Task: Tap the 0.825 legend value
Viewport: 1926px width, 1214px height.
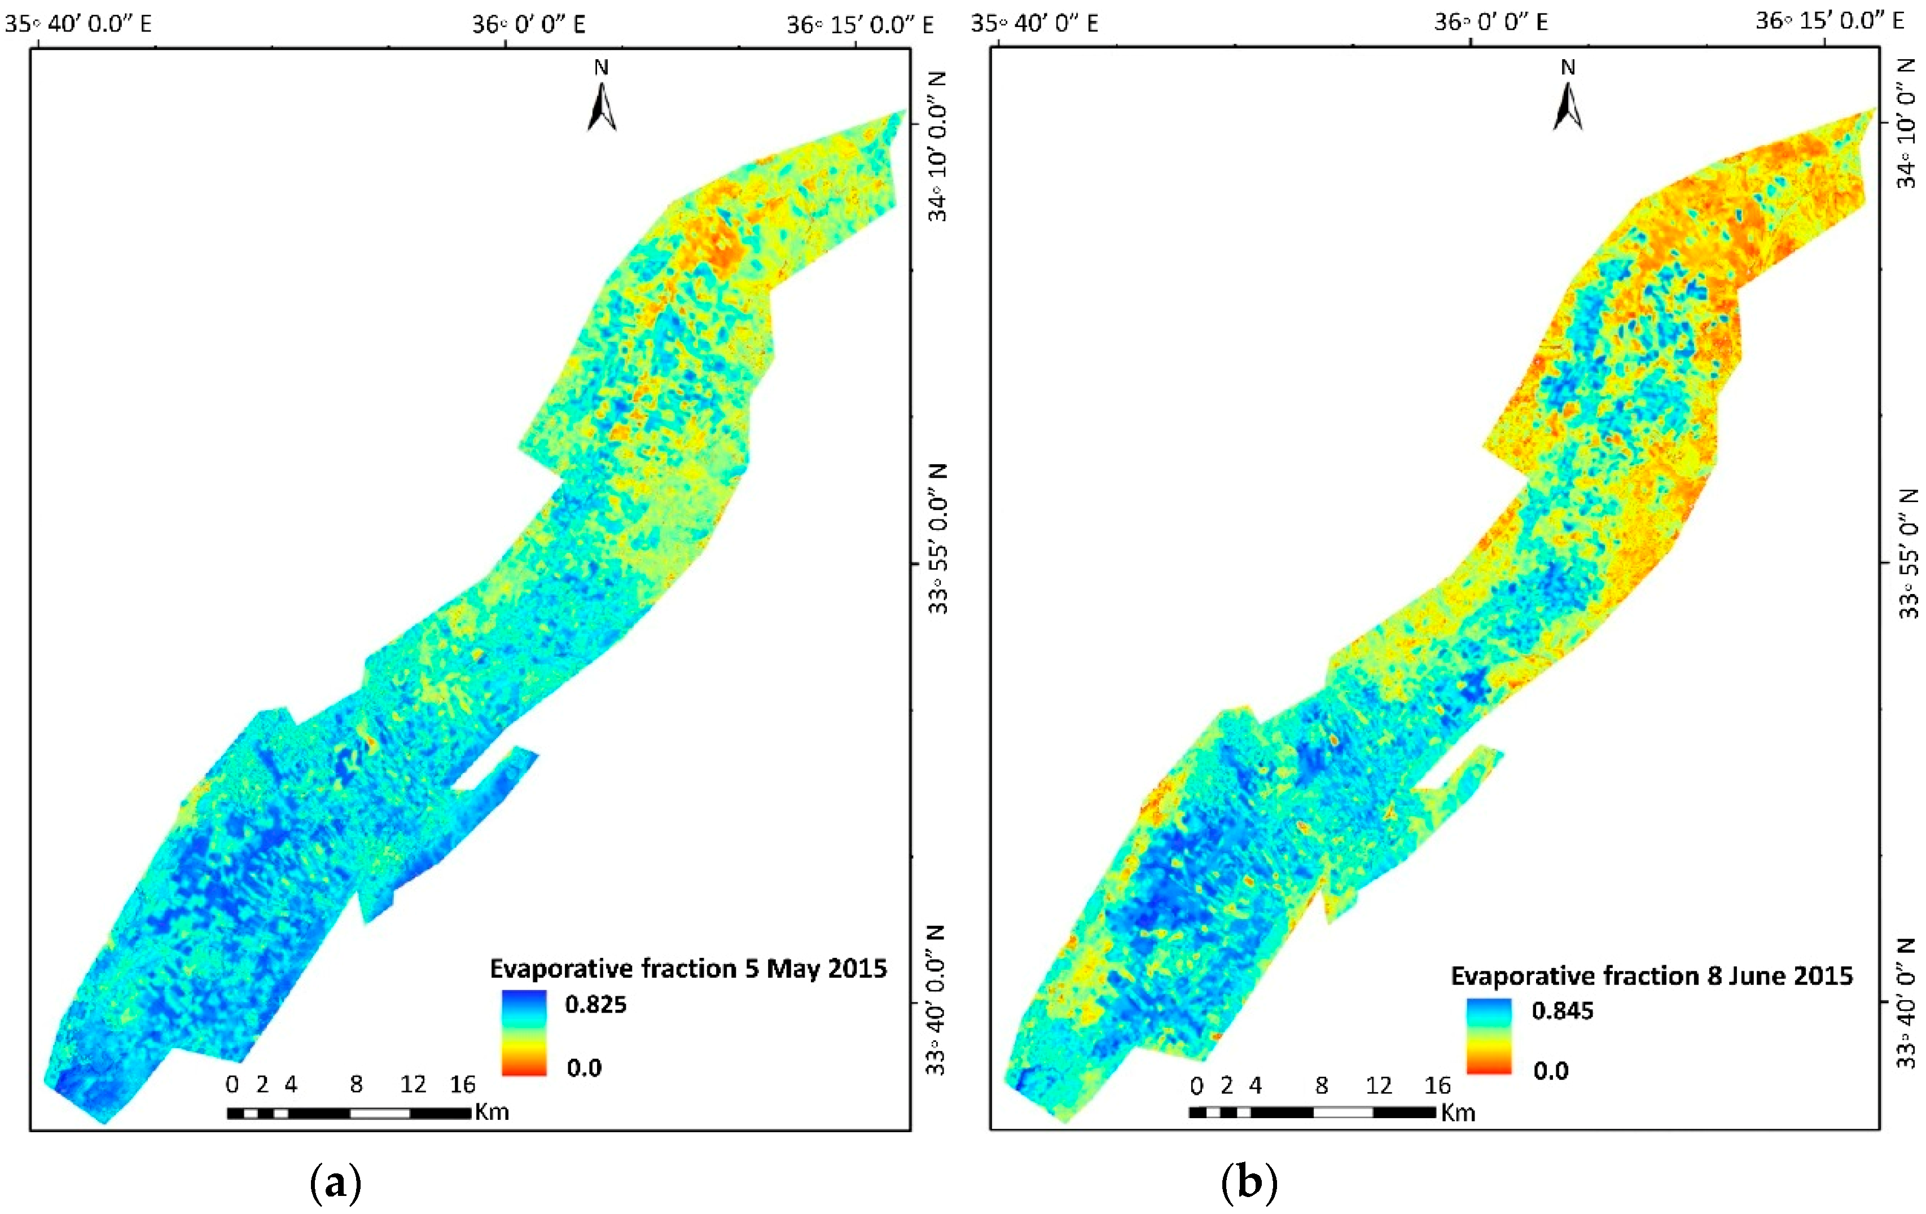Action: click(x=596, y=1005)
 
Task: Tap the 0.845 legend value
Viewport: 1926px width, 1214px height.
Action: click(x=1562, y=1011)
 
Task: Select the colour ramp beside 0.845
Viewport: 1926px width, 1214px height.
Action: click(x=1489, y=1036)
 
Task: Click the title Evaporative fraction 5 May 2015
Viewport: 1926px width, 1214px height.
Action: click(x=688, y=969)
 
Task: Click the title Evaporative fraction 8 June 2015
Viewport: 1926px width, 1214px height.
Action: click(x=1652, y=976)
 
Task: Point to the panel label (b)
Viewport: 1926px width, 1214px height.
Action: click(x=1249, y=1183)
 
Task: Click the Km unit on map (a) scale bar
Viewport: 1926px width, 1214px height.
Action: click(x=492, y=1112)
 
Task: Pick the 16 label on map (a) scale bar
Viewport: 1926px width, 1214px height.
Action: click(x=462, y=1084)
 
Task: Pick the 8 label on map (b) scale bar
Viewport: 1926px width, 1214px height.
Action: click(x=1321, y=1085)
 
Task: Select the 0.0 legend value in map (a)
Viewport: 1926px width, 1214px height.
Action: click(x=584, y=1068)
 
